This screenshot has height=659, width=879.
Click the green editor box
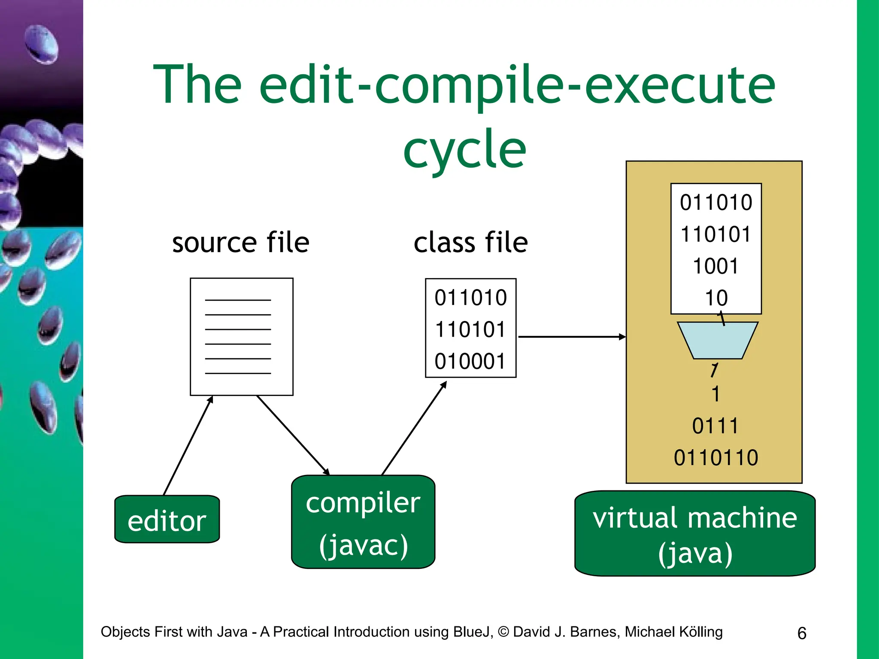[x=167, y=519]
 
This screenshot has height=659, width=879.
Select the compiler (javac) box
[x=363, y=522]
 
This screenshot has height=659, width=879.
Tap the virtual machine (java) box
[x=695, y=533]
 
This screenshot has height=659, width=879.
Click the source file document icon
[x=242, y=336]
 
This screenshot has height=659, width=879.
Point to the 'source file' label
[x=240, y=242]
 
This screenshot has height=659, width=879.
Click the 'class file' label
[x=470, y=242]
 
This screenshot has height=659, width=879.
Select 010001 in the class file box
[x=470, y=361]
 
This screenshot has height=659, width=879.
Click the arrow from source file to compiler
[x=293, y=435]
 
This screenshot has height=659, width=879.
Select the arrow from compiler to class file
[x=414, y=428]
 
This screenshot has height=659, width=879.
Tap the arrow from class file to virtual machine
[x=571, y=337]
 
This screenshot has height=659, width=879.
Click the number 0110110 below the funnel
[x=716, y=457]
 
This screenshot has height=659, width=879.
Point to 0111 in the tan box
[x=715, y=426]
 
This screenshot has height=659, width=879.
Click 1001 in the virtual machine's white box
[x=715, y=266]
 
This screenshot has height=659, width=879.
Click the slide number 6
[x=802, y=633]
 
